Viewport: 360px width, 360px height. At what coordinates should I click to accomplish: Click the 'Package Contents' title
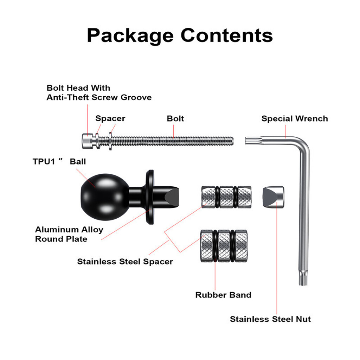click(180, 36)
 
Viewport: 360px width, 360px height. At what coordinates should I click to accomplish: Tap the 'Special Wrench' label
click(295, 118)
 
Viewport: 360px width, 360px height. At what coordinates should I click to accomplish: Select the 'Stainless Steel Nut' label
click(270, 319)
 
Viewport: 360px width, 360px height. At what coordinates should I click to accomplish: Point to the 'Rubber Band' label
click(223, 295)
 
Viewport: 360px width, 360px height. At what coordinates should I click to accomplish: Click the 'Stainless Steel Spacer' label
click(125, 262)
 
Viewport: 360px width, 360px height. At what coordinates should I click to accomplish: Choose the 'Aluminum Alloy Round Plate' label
click(69, 234)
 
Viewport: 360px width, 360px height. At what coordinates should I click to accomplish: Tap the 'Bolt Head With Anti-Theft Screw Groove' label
click(99, 92)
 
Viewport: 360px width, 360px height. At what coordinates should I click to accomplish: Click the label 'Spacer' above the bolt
click(110, 118)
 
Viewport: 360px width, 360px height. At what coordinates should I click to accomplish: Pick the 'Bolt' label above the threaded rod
click(175, 118)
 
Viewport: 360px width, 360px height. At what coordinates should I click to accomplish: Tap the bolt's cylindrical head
click(88, 141)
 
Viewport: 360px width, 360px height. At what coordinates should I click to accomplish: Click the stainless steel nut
click(273, 197)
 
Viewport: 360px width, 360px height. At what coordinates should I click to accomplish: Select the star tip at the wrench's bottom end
click(303, 278)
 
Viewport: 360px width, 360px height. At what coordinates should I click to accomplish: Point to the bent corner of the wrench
click(303, 143)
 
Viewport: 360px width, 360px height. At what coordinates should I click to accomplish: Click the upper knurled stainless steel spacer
click(226, 197)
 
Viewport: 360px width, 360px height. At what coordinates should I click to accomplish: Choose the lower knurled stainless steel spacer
click(224, 246)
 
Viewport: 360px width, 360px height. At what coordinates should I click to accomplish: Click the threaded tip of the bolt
click(231, 141)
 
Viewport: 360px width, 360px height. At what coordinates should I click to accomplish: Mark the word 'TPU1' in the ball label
click(44, 162)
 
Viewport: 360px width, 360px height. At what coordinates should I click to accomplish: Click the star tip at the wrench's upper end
click(249, 141)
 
